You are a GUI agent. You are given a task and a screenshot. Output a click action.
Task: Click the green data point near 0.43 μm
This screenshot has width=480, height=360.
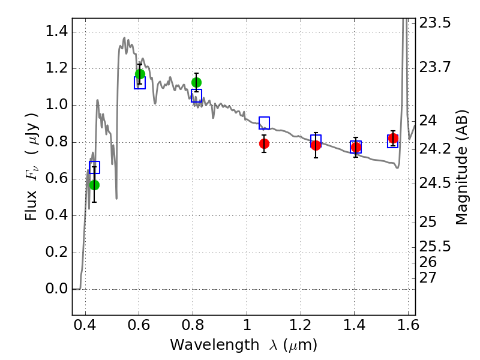tap(95, 185)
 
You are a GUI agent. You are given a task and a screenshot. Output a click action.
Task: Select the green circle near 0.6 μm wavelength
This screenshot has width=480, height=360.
tap(140, 74)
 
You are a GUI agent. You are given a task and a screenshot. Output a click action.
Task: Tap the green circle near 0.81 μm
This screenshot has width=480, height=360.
tap(197, 82)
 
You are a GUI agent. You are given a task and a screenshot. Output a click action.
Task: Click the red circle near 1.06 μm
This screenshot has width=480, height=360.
tap(264, 143)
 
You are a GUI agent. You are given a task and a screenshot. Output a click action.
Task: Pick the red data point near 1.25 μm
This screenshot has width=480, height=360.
tap(316, 145)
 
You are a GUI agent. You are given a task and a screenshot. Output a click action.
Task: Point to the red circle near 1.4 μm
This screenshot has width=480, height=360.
tap(356, 147)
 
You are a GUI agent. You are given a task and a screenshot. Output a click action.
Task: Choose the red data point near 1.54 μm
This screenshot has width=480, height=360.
tap(393, 139)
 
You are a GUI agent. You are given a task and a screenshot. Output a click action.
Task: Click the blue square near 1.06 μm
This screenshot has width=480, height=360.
tap(264, 123)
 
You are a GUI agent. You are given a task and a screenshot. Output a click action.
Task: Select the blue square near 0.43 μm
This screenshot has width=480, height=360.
tap(95, 167)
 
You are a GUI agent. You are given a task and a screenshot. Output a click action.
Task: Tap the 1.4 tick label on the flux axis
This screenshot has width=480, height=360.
tap(56, 31)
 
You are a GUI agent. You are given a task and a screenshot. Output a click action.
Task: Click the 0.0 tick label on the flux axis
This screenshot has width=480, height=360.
tap(56, 289)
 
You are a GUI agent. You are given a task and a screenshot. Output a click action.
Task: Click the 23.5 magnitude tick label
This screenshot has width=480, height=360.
tap(435, 23)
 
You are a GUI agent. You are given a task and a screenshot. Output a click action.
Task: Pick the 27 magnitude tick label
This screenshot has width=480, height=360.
tap(428, 278)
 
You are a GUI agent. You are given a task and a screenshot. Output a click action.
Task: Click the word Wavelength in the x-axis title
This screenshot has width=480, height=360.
tap(215, 345)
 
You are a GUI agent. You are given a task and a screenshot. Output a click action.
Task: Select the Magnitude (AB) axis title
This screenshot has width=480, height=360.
tap(461, 167)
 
